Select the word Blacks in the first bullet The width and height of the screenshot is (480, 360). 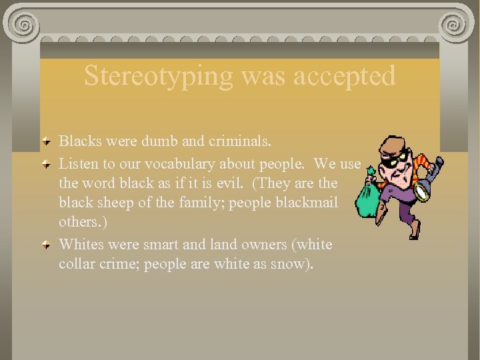click(x=79, y=141)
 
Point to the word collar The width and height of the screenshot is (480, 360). click(x=77, y=264)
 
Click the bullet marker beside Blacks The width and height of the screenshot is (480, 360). click(x=45, y=141)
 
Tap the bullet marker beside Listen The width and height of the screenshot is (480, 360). click(x=45, y=163)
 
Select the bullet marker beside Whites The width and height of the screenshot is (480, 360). click(x=45, y=245)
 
